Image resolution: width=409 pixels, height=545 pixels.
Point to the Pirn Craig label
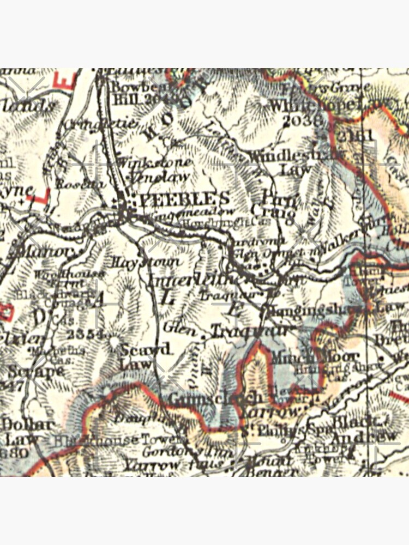tap(275, 204)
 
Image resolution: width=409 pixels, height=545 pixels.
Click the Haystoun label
tap(146, 262)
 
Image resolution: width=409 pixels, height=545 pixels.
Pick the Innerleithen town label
tap(194, 280)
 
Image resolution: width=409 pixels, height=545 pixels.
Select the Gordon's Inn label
tap(188, 452)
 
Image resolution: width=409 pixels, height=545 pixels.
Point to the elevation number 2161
tap(354, 135)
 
